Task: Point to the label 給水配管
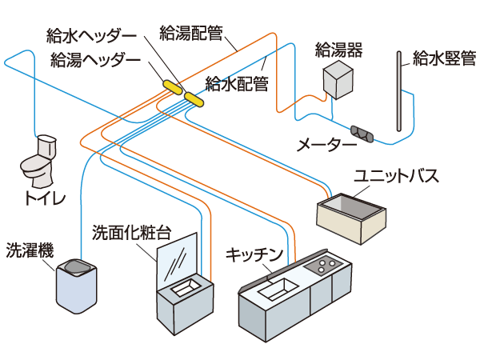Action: coord(237,82)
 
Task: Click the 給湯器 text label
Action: coord(339,51)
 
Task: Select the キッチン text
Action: coord(255,254)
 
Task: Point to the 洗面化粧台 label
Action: coord(132,232)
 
